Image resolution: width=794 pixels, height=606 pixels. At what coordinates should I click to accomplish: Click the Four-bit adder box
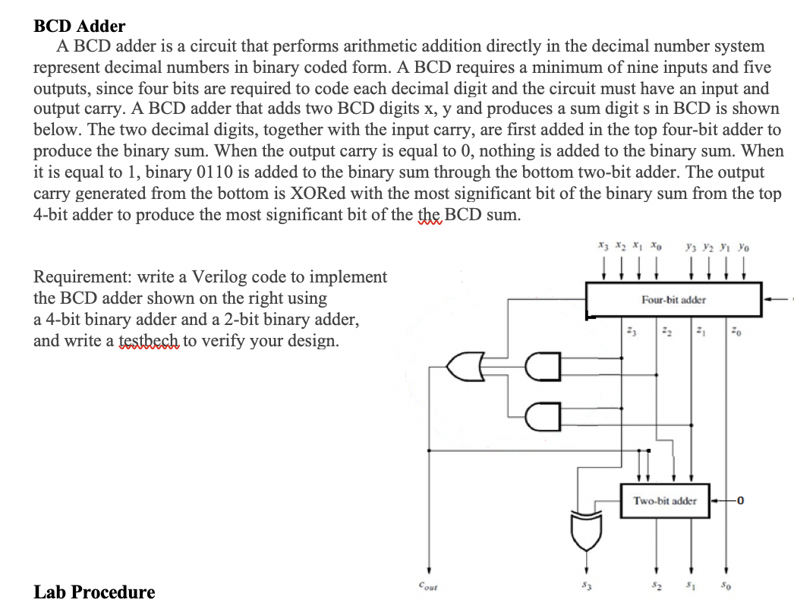click(673, 299)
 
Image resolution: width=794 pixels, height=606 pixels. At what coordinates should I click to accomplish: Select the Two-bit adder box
click(665, 500)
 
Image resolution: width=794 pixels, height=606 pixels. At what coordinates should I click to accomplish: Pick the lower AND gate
click(545, 415)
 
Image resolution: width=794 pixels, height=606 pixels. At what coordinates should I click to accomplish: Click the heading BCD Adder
click(80, 27)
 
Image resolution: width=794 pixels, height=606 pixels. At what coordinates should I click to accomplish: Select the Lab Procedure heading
click(94, 592)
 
